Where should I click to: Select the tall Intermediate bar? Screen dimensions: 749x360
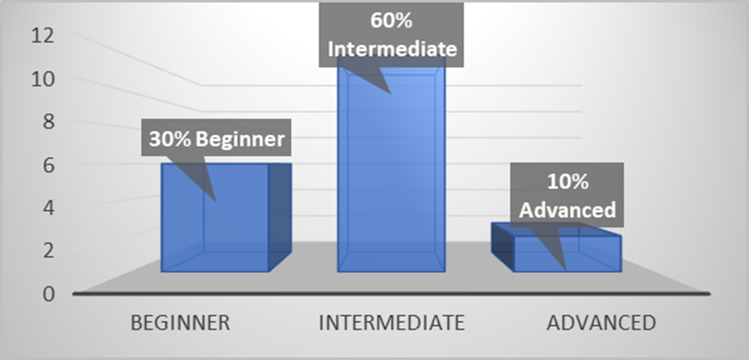click(391, 172)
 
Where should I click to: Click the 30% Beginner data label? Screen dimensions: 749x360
click(216, 138)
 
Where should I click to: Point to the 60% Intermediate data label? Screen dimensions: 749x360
click(392, 34)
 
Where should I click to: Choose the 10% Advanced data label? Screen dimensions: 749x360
click(567, 194)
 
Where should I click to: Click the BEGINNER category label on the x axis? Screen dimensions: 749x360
click(180, 323)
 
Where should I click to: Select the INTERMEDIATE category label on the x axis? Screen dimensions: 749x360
click(392, 323)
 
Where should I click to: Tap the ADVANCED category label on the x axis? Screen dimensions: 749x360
click(601, 323)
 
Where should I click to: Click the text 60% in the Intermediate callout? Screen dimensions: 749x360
click(392, 22)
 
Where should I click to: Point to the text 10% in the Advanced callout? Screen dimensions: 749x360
click(568, 183)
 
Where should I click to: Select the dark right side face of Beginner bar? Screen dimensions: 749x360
click(280, 217)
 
